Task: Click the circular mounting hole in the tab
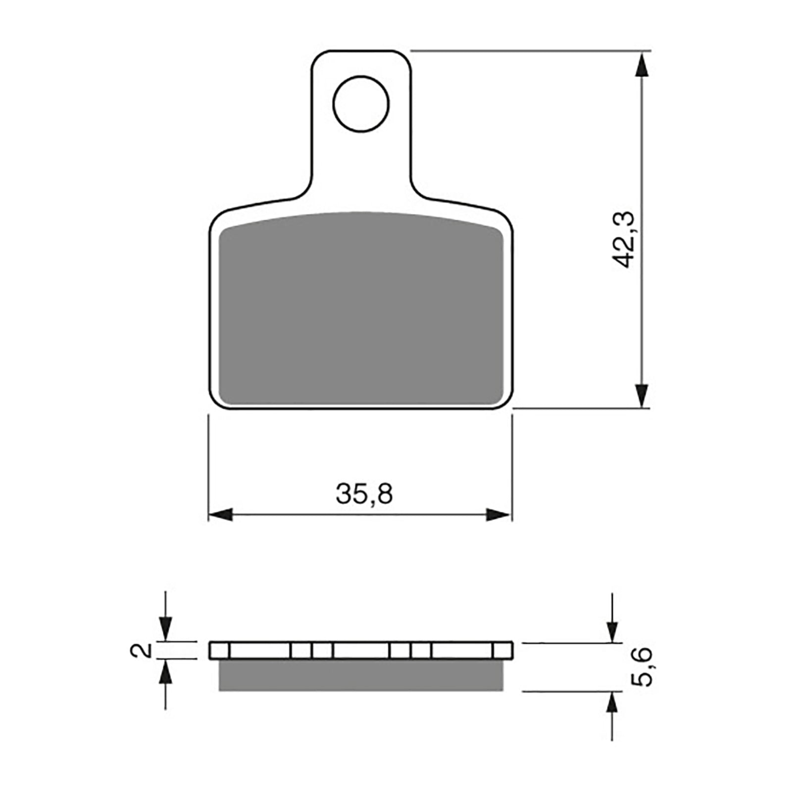(361, 104)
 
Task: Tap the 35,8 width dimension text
(364, 494)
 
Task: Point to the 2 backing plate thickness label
(141, 650)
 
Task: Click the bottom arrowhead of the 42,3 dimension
(642, 395)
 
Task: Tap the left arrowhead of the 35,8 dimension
(221, 514)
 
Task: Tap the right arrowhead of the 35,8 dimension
(498, 514)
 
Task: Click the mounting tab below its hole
(361, 163)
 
